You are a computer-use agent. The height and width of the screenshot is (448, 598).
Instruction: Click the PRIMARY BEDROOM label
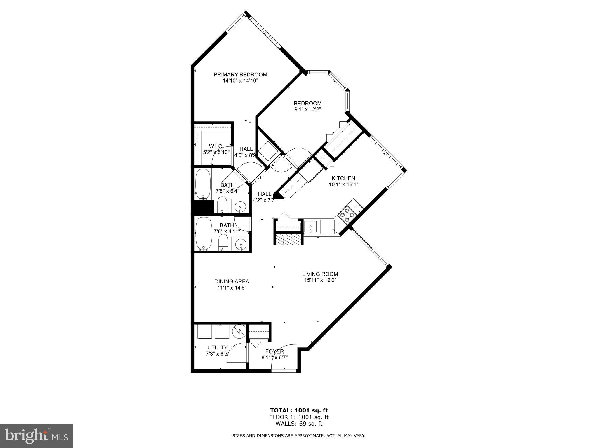pyautogui.click(x=240, y=75)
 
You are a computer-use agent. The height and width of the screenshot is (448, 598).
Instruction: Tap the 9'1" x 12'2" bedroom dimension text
pyautogui.click(x=307, y=110)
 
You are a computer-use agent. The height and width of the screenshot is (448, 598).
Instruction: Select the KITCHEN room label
pyautogui.click(x=343, y=178)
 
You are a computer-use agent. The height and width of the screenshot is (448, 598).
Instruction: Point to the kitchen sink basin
pyautogui.click(x=310, y=226)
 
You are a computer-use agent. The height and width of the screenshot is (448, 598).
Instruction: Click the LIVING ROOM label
pyautogui.click(x=320, y=274)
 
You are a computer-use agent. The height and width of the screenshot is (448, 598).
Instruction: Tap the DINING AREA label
pyautogui.click(x=232, y=281)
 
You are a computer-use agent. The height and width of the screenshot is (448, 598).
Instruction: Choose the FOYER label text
pyautogui.click(x=274, y=351)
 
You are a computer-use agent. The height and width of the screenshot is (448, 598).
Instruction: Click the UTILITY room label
pyautogui.click(x=217, y=347)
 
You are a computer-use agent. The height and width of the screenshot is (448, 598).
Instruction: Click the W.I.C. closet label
pyautogui.click(x=216, y=146)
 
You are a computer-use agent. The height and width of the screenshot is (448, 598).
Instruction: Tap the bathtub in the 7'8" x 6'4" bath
pyautogui.click(x=203, y=184)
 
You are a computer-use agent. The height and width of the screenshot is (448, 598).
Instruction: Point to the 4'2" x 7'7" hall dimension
pyautogui.click(x=264, y=200)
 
